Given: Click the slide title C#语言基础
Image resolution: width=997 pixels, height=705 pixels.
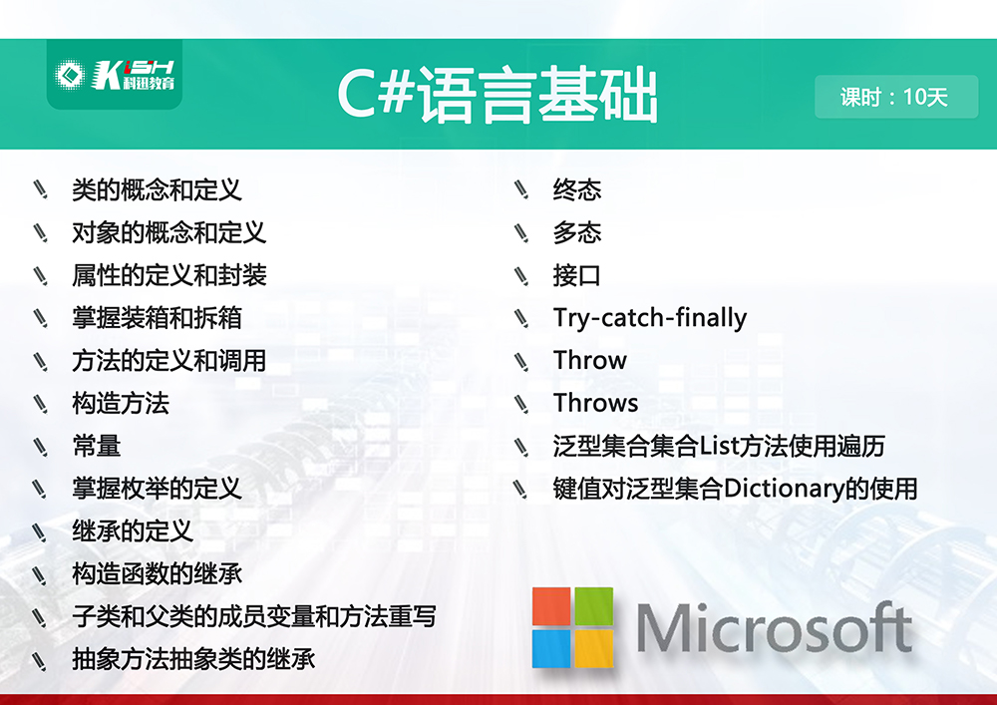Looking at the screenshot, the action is tap(498, 96).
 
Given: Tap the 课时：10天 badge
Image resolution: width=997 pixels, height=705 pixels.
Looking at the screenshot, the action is tap(896, 97).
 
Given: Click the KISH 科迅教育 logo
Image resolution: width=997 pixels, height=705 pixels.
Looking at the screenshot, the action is tap(115, 75).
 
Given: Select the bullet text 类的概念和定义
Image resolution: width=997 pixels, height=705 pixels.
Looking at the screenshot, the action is tap(157, 190).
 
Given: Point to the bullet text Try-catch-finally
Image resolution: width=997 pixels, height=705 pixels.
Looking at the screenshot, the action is tap(650, 318).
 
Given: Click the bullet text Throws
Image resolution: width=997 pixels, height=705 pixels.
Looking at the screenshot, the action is tap(596, 403).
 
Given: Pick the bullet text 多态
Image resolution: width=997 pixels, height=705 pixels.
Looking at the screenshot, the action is tap(576, 232).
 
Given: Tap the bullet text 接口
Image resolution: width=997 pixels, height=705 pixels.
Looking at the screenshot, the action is tap(576, 275).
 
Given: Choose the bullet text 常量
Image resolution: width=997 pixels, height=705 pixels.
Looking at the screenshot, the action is tap(96, 446).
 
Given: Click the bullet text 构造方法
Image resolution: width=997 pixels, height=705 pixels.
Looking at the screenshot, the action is tap(121, 403).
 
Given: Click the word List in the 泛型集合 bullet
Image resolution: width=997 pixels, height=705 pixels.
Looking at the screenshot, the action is tap(719, 446).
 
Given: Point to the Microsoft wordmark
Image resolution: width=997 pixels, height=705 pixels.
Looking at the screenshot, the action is tap(774, 628).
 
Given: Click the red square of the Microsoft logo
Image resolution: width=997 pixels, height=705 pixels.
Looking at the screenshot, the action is tap(552, 606).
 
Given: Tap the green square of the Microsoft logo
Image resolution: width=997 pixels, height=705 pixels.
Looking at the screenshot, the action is tap(594, 606).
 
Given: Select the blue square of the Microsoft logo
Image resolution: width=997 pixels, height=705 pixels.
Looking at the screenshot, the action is tap(552, 648).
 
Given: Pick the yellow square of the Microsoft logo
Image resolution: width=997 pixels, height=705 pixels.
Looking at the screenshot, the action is tap(594, 648).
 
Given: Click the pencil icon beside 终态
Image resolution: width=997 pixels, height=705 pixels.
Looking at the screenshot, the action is tap(521, 189).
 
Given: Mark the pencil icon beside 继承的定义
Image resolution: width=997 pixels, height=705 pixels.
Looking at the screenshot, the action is tap(40, 532).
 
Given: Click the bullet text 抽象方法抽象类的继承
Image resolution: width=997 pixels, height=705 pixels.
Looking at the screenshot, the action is tap(193, 659).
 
